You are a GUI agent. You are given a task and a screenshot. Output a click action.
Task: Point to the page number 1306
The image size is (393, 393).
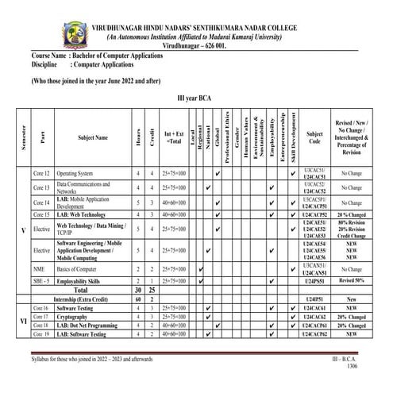(363, 368)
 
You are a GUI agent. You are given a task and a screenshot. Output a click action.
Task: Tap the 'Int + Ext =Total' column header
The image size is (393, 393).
(172, 137)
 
